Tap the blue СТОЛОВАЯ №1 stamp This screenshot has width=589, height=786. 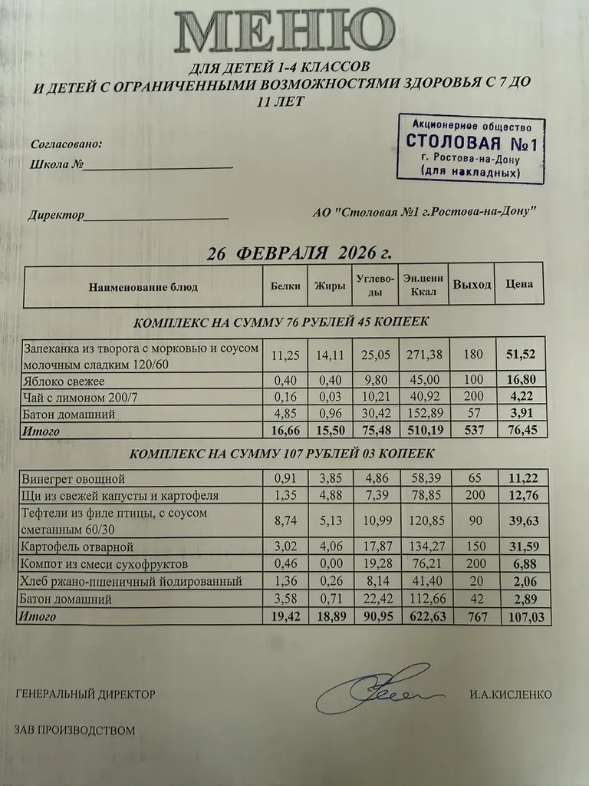click(x=471, y=149)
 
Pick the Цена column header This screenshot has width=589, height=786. click(x=519, y=285)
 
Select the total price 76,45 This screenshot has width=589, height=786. click(x=520, y=431)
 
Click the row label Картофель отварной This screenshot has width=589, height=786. click(x=78, y=547)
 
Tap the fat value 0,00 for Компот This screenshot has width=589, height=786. click(x=330, y=564)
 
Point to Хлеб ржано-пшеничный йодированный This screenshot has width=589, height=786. click(x=133, y=582)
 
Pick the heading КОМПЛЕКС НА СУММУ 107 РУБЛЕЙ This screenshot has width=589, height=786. click(x=282, y=454)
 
